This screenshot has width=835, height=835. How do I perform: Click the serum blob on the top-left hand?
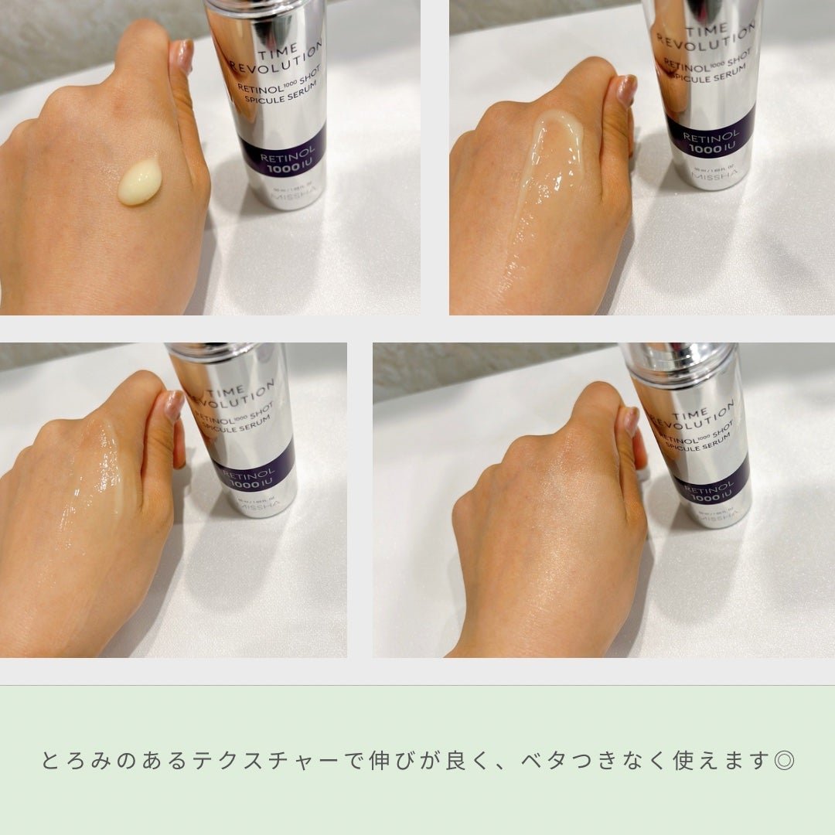click(140, 182)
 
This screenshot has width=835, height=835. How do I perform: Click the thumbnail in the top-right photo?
click(625, 88)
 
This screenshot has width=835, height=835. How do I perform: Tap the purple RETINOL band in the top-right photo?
click(710, 131)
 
